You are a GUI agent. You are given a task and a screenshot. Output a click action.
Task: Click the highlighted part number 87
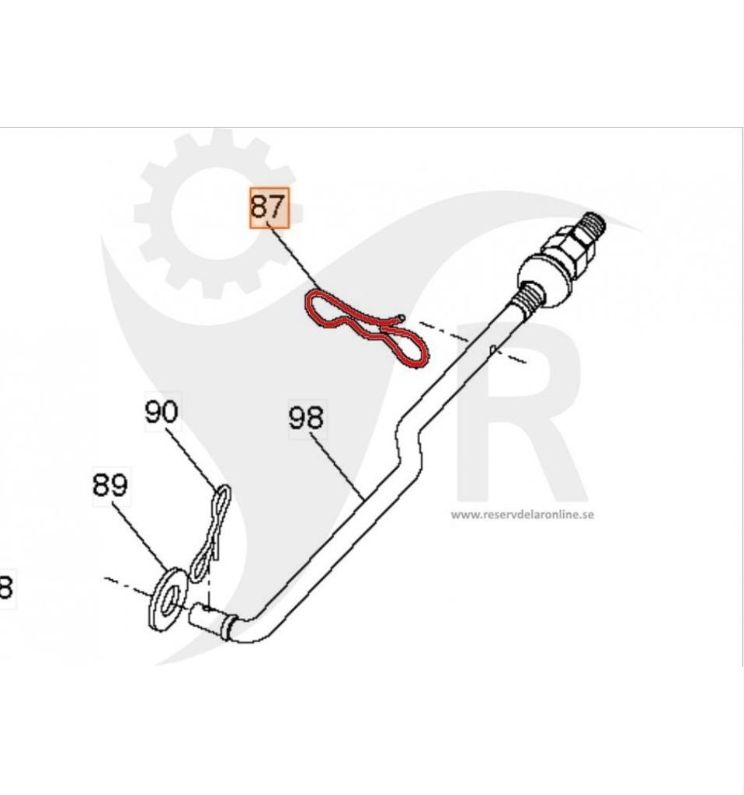point(269,207)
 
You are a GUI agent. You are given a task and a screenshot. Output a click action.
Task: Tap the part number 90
point(162,412)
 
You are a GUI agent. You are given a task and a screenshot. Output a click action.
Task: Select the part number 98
point(306,418)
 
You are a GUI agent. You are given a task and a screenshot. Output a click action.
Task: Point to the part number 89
point(110,485)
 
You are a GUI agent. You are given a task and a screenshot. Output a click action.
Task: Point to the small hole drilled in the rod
point(493,349)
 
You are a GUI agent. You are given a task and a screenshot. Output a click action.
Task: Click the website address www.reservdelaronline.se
point(522,514)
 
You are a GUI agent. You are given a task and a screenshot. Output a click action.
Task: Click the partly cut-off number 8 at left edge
point(5,588)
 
